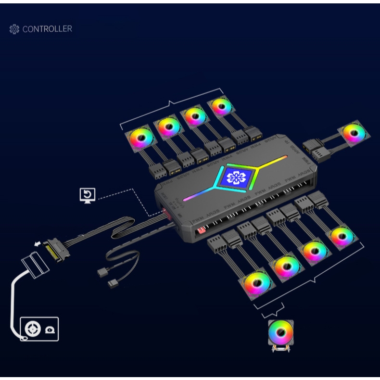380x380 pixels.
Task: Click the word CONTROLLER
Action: click(47, 29)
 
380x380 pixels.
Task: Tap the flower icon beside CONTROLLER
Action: click(14, 30)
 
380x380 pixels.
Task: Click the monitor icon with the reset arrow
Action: click(87, 195)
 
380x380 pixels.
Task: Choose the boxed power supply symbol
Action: click(39, 329)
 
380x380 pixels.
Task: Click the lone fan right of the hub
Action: click(354, 133)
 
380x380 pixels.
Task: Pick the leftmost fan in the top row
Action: click(141, 137)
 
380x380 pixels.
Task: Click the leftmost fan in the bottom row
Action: click(257, 283)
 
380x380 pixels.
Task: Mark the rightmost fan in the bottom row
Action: click(342, 235)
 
